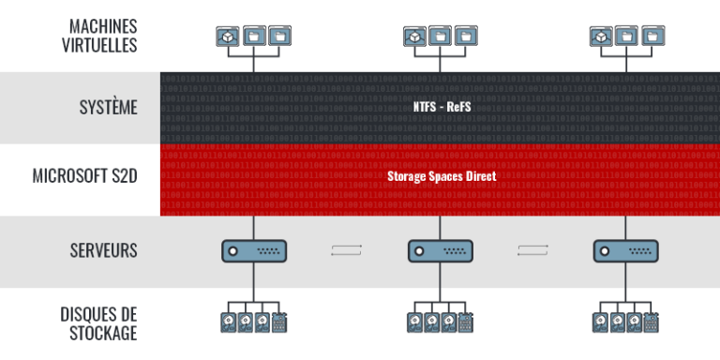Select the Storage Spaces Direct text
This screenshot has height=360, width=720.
[x=441, y=175]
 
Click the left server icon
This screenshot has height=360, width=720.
[x=254, y=250]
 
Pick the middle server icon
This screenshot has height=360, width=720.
[x=441, y=250]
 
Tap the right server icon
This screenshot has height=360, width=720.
[x=626, y=250]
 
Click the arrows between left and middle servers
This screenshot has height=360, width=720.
[x=347, y=250]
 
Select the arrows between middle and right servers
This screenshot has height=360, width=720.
[x=533, y=250]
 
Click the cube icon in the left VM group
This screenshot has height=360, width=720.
[x=228, y=36]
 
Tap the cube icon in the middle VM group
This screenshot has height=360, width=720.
[x=414, y=36]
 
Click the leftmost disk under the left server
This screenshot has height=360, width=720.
[x=228, y=322]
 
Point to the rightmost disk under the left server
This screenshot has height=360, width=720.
[x=279, y=322]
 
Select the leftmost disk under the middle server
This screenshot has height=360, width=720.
[x=414, y=322]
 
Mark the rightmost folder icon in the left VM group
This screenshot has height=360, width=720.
[x=279, y=36]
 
